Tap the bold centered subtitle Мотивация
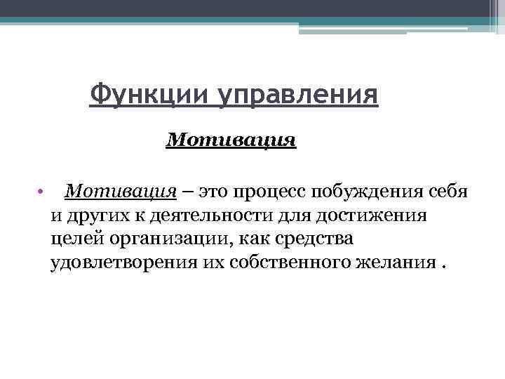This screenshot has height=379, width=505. tap(231, 140)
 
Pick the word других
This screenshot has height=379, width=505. tap(95, 215)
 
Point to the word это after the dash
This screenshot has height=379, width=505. tap(214, 192)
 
